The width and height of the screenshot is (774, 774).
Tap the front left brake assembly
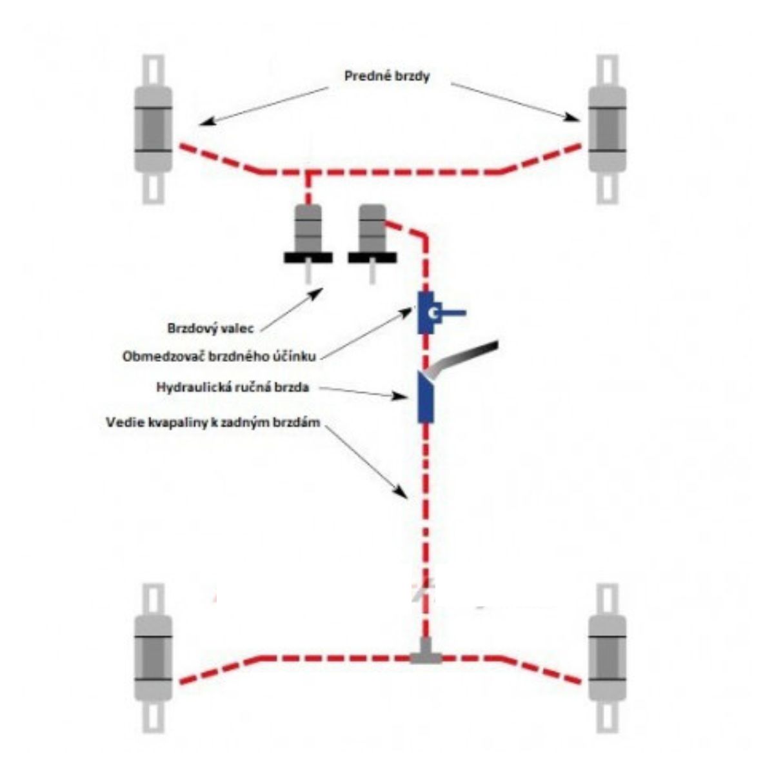(x=153, y=129)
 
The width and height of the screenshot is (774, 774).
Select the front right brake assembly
(x=607, y=129)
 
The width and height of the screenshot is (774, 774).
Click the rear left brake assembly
(x=153, y=658)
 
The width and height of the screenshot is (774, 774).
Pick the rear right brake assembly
(x=607, y=658)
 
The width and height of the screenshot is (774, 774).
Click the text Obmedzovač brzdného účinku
(x=222, y=356)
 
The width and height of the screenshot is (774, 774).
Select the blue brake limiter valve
(x=427, y=313)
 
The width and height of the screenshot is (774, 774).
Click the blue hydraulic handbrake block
(x=425, y=397)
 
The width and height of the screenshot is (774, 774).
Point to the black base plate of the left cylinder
(x=308, y=257)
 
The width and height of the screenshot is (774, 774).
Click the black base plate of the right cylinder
(x=372, y=257)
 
